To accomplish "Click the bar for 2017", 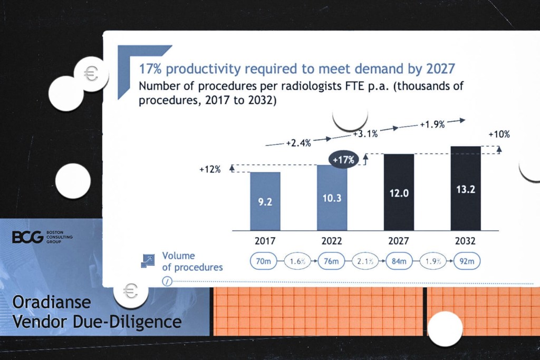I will tap(265, 201).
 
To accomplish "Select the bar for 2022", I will tap(332, 197).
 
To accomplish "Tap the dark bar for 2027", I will tap(399, 192).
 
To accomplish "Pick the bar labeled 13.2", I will tap(466, 188).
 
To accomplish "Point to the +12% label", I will tap(209, 170).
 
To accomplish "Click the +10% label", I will tap(499, 134).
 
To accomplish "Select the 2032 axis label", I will tap(466, 241).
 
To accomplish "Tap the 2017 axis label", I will tap(265, 241).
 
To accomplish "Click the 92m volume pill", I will tap(466, 261).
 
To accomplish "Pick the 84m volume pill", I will tap(399, 261).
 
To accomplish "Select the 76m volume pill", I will tap(332, 261).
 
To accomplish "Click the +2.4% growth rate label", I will tap(298, 143).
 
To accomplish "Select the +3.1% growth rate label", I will tap(365, 134).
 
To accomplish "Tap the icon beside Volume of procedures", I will tap(148, 260).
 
